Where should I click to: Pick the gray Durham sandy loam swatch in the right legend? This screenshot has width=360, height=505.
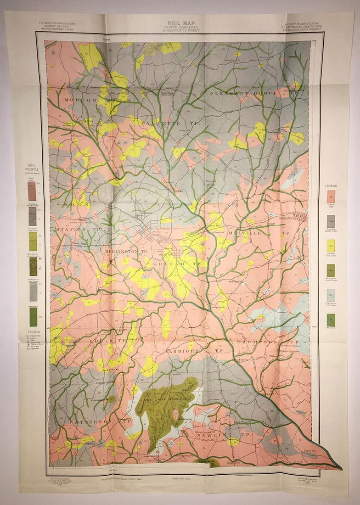coord(331,222)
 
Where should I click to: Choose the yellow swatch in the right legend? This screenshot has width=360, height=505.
coord(331,246)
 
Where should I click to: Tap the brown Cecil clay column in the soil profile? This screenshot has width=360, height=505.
coord(32,191)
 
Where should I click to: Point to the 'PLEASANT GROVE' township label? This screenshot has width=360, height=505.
coord(243,93)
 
